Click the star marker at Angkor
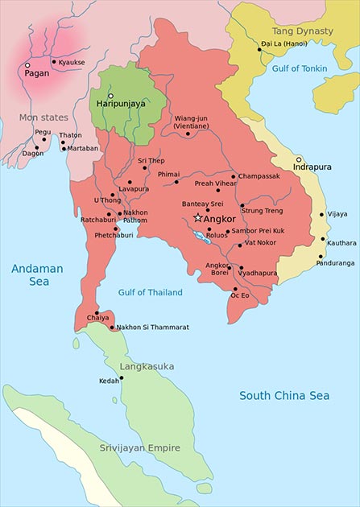click(198, 218)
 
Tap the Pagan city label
click(36, 73)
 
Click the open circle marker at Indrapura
click(299, 160)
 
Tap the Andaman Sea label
click(30, 275)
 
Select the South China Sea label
click(284, 396)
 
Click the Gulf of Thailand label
click(150, 292)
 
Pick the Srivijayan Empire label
click(142, 447)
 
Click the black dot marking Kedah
click(122, 377)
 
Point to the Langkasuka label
click(147, 366)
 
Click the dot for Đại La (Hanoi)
click(259, 49)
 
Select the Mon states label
click(43, 117)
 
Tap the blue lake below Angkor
click(201, 237)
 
